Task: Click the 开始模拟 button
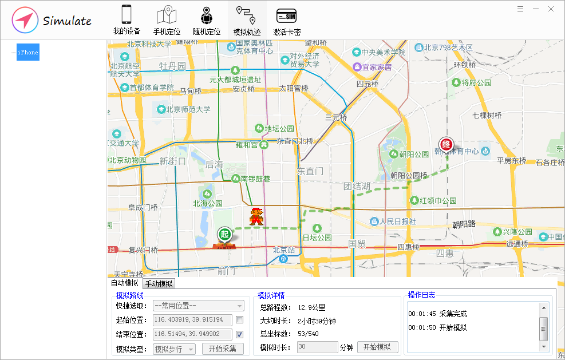pyautogui.click(x=378, y=347)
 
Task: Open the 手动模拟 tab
pyautogui.click(x=159, y=283)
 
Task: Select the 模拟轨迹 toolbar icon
pyautogui.click(x=247, y=20)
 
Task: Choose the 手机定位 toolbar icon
pyautogui.click(x=167, y=20)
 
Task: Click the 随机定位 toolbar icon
pyautogui.click(x=206, y=20)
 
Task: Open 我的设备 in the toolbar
pyautogui.click(x=127, y=20)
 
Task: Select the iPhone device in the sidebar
pyautogui.click(x=27, y=52)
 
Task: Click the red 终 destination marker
pyautogui.click(x=445, y=144)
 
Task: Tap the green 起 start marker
pyautogui.click(x=224, y=234)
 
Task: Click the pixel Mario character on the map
pyautogui.click(x=256, y=216)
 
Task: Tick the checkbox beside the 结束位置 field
pyautogui.click(x=239, y=334)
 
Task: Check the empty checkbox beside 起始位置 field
pyautogui.click(x=239, y=320)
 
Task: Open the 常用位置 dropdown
pyautogui.click(x=198, y=306)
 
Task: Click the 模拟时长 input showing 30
pyautogui.click(x=317, y=347)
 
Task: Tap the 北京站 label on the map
pyautogui.click(x=283, y=250)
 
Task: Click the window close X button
pyautogui.click(x=551, y=9)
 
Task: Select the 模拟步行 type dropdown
pyautogui.click(x=174, y=349)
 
